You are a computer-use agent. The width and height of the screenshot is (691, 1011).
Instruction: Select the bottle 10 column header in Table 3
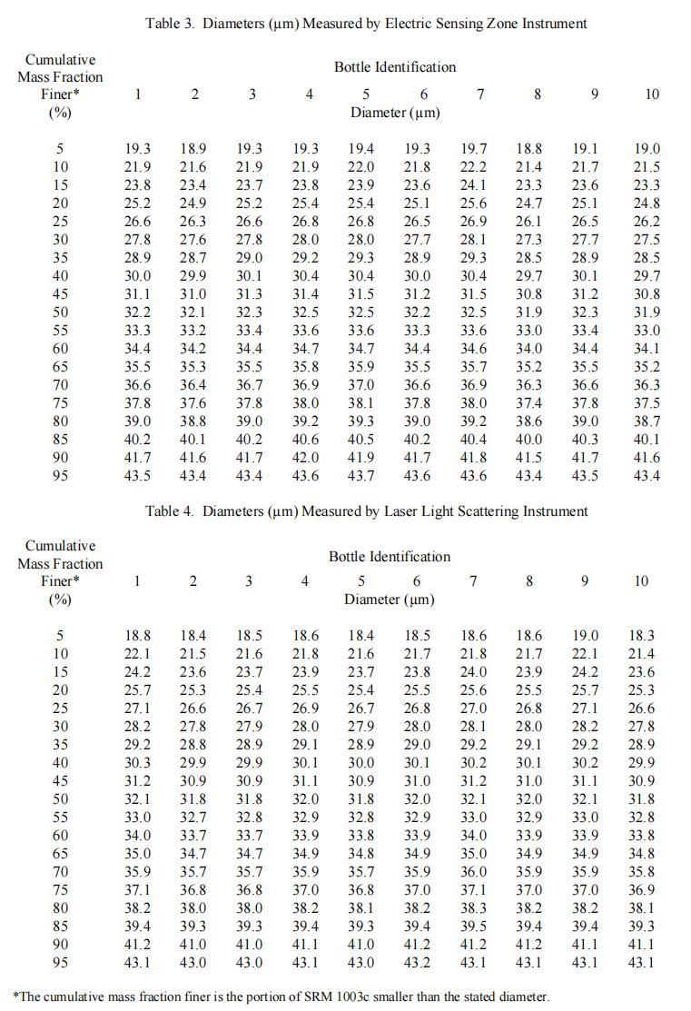(x=652, y=94)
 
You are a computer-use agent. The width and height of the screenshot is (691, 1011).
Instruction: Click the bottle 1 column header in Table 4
(x=137, y=581)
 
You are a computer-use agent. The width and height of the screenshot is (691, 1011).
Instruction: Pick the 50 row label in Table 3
(x=60, y=312)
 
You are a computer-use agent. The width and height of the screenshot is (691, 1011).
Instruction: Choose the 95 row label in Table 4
(x=60, y=963)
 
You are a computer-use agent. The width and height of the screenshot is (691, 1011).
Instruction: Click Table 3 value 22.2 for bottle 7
(x=473, y=167)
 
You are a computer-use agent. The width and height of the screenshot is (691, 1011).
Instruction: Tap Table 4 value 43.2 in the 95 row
(x=417, y=963)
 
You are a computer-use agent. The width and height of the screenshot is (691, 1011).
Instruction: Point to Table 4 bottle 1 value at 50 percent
(x=138, y=799)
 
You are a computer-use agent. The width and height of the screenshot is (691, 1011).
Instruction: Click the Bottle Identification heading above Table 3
(x=395, y=67)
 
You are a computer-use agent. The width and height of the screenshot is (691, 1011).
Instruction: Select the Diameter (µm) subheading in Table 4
(x=389, y=600)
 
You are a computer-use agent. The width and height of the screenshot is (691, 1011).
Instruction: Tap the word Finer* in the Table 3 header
(x=60, y=94)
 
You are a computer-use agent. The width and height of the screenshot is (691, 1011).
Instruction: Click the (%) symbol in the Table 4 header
(x=60, y=600)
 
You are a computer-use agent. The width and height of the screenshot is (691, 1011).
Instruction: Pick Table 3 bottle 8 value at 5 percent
(x=529, y=149)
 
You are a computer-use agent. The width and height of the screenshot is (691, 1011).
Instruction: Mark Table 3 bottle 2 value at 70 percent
(x=192, y=385)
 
